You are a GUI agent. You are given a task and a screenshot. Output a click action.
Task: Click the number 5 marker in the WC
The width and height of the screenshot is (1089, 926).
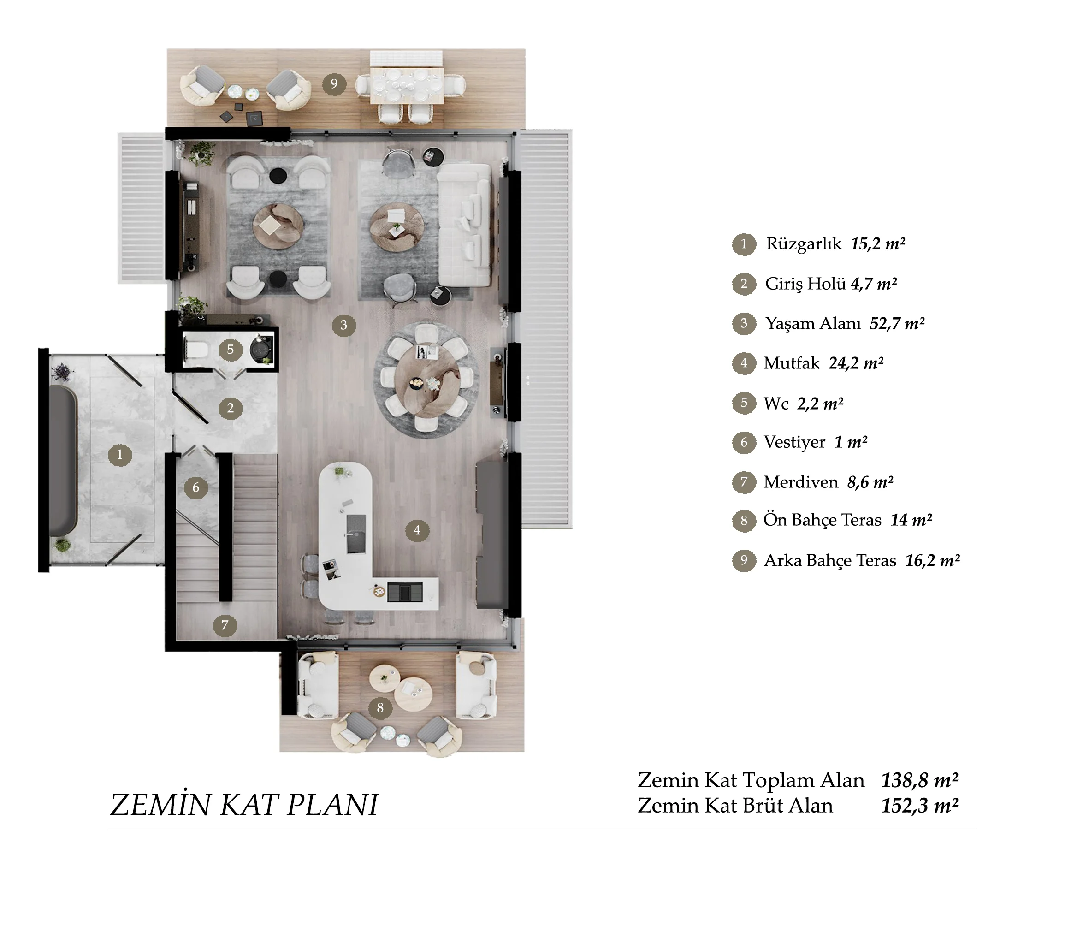tap(230, 350)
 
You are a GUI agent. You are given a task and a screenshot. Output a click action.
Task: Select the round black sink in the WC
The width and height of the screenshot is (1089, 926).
tap(261, 347)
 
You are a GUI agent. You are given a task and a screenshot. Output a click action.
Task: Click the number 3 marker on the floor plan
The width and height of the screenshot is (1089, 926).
tap(344, 326)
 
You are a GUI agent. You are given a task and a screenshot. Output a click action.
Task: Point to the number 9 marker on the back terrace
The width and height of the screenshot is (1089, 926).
tap(334, 84)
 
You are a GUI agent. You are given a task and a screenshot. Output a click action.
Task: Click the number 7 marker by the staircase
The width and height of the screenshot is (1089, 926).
tap(225, 625)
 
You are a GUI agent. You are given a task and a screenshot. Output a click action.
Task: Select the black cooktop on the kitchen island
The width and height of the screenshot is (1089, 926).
tap(405, 592)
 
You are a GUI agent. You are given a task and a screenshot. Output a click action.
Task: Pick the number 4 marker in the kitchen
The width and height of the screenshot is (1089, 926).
tap(417, 531)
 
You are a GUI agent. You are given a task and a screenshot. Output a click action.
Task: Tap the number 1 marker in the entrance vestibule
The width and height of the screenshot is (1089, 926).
tap(120, 455)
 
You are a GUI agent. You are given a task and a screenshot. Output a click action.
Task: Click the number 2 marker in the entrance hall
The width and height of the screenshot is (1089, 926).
tap(230, 408)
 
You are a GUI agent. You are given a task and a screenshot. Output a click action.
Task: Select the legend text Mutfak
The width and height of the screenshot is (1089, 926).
tap(792, 363)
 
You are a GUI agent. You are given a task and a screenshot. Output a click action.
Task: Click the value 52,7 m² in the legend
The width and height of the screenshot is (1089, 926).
tap(897, 323)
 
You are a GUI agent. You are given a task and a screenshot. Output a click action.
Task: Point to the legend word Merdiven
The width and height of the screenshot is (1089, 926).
tap(801, 482)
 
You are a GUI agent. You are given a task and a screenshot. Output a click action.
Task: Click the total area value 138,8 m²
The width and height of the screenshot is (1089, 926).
tap(919, 781)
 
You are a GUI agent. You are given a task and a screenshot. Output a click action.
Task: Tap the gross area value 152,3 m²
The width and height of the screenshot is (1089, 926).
tap(919, 806)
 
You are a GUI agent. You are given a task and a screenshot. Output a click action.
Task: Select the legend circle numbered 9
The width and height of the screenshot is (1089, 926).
tap(744, 560)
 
